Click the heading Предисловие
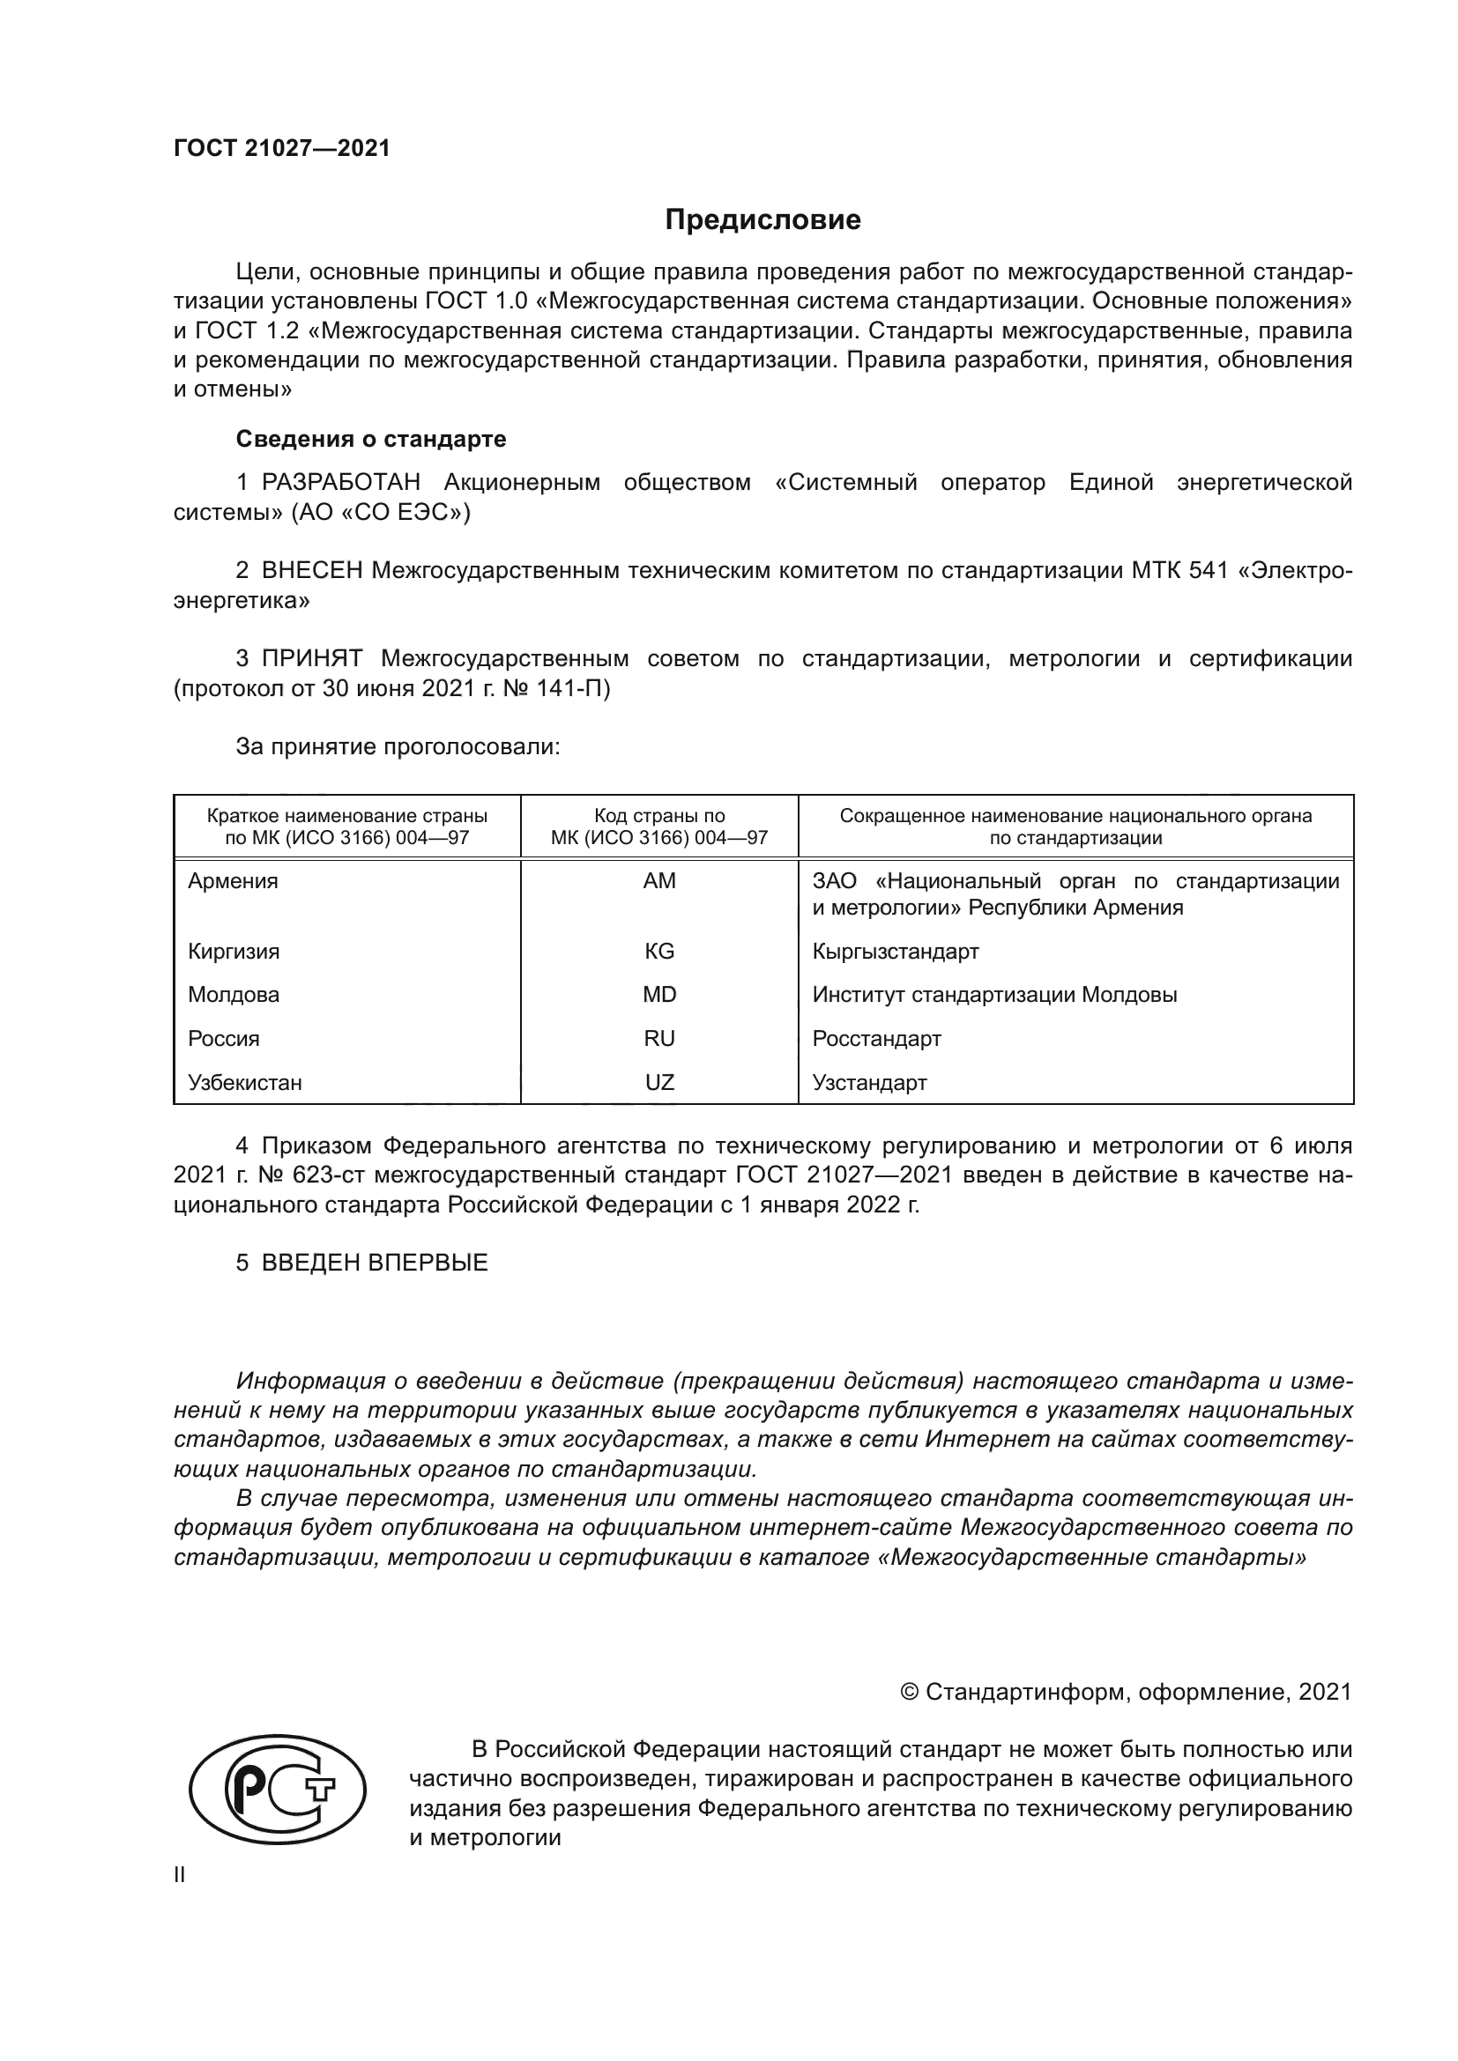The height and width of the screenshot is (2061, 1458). [x=762, y=220]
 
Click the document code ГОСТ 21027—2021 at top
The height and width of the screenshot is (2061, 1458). [x=282, y=149]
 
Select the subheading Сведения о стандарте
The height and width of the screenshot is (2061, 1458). [x=371, y=439]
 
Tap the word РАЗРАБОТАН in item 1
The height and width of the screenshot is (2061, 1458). [x=341, y=483]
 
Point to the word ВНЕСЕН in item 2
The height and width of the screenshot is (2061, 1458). [x=312, y=571]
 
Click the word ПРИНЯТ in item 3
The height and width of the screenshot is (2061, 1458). [x=311, y=659]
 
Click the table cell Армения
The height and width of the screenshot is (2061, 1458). [x=234, y=881]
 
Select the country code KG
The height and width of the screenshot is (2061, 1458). [x=659, y=952]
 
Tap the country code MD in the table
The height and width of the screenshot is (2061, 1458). [x=659, y=995]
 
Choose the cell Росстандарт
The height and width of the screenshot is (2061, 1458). [x=876, y=1039]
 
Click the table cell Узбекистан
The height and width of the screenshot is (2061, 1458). [x=245, y=1083]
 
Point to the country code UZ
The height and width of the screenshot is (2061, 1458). [x=659, y=1083]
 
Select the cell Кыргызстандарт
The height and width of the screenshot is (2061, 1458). [x=895, y=952]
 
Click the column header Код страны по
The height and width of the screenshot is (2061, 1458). [x=659, y=816]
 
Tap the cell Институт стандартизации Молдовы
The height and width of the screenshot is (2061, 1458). [x=993, y=995]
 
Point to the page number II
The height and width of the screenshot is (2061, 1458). [x=180, y=1875]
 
